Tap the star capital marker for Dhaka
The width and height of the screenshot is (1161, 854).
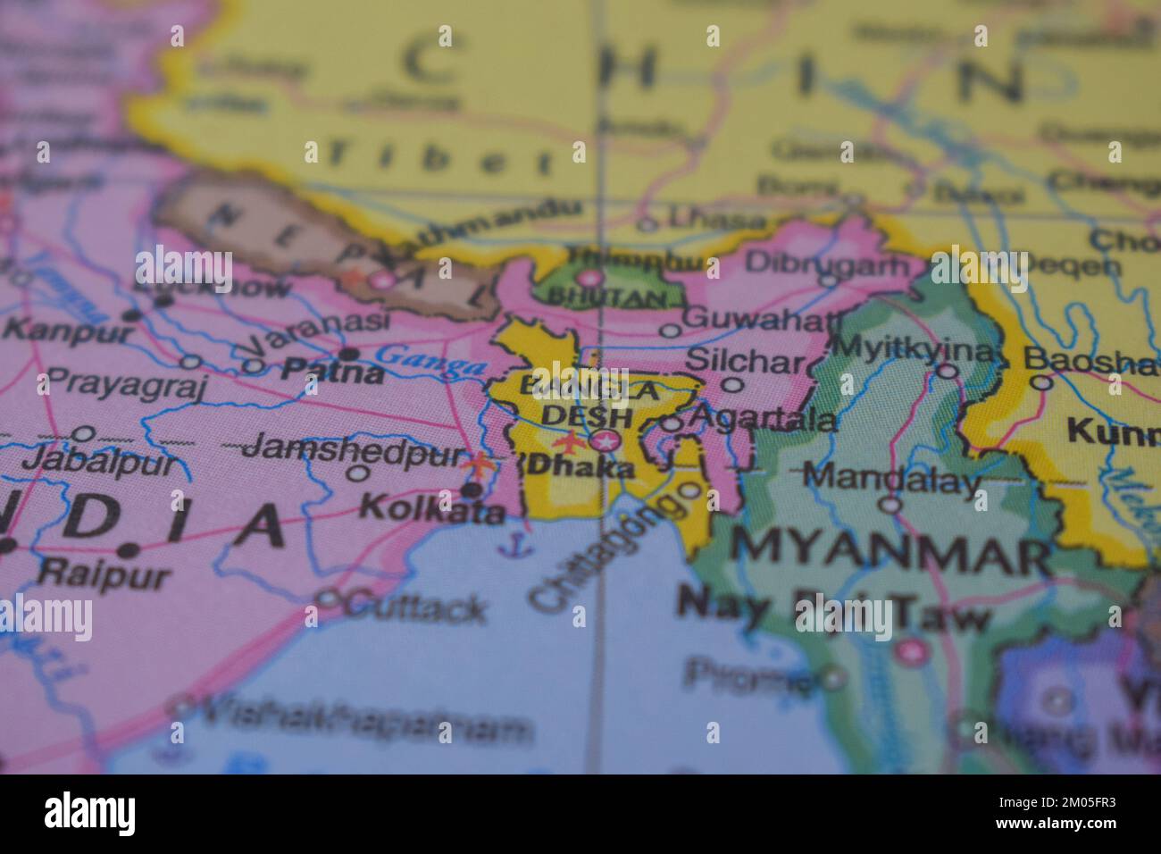pos(605,440)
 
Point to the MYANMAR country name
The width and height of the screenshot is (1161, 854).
pos(890,554)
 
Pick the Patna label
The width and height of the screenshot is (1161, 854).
pos(332,371)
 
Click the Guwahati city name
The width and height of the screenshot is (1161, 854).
pos(763,318)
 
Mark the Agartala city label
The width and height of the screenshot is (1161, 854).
pos(764,418)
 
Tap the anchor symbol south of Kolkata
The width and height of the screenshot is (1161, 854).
pos(510,544)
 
